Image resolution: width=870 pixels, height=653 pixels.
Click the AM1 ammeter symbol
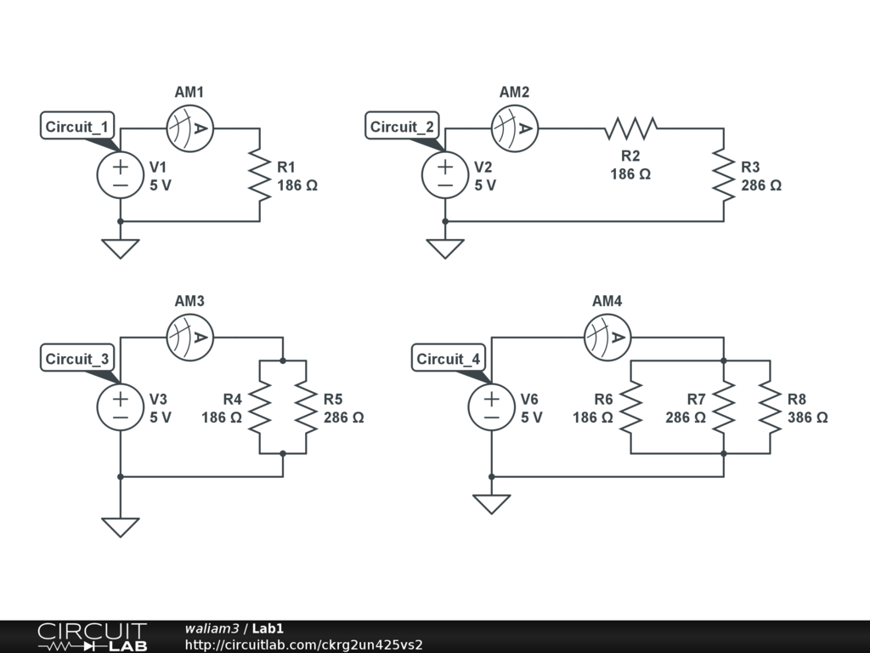[189, 128]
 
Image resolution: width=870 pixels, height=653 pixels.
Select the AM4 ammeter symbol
[607, 337]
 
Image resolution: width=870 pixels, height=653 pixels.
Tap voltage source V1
[121, 175]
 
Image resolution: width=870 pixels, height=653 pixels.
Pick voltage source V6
[492, 407]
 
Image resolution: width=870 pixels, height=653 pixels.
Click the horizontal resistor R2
[631, 128]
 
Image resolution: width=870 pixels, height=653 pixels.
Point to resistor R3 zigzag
[724, 175]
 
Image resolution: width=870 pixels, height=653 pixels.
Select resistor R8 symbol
[770, 407]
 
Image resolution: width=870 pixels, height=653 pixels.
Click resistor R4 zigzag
[260, 407]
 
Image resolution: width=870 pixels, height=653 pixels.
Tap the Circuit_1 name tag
[77, 126]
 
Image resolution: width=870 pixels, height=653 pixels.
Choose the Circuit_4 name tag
[449, 358]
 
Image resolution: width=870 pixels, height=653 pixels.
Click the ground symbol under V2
[445, 249]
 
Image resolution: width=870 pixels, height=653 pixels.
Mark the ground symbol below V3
[121, 527]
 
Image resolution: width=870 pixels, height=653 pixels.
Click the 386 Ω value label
[807, 417]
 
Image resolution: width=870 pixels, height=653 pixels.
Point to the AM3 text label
[189, 301]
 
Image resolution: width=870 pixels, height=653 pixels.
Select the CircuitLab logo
[92, 637]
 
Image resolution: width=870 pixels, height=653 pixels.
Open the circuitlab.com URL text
[303, 644]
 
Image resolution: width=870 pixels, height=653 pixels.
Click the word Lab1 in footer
[268, 628]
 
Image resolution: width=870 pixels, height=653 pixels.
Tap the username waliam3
[212, 628]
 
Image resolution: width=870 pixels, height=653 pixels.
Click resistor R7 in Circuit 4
[724, 407]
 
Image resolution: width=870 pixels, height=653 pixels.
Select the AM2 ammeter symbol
[514, 128]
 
